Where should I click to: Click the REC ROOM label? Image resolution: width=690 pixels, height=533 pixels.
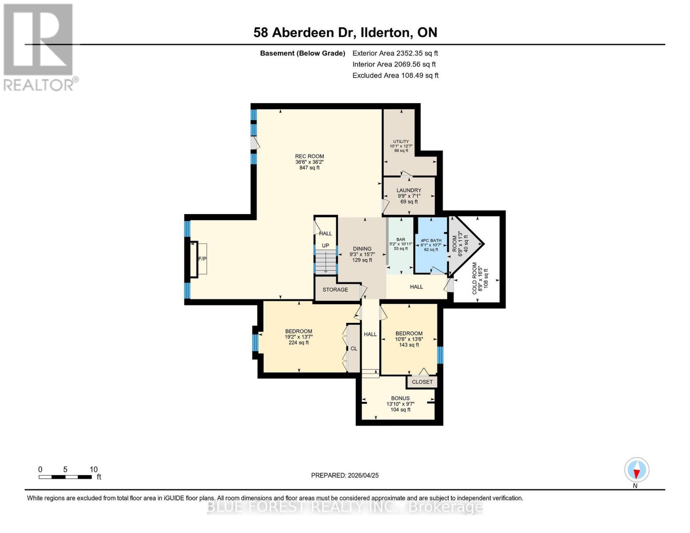click(x=309, y=156)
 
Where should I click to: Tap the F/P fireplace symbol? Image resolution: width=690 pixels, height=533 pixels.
click(x=202, y=259)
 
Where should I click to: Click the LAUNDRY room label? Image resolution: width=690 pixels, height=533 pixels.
click(x=409, y=191)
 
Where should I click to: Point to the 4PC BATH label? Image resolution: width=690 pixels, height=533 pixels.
click(x=431, y=241)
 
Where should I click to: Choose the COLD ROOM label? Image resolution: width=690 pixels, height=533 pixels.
click(x=475, y=278)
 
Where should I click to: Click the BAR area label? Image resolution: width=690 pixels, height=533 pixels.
click(x=400, y=239)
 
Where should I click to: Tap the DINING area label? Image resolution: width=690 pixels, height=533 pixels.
click(x=362, y=249)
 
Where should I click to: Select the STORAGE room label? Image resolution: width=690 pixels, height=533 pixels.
click(x=335, y=290)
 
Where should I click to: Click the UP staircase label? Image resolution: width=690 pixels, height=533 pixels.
click(x=325, y=246)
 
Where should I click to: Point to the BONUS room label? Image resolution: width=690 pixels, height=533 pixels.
click(x=400, y=398)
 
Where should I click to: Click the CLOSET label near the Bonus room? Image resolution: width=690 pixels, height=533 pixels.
click(x=422, y=382)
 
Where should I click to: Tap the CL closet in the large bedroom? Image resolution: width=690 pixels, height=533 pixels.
click(x=354, y=349)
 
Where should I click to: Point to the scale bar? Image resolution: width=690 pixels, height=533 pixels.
click(x=65, y=477)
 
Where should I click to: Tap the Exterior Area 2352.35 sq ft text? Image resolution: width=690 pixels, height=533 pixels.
click(x=395, y=53)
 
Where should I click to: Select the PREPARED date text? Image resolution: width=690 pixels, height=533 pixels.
click(x=345, y=475)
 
